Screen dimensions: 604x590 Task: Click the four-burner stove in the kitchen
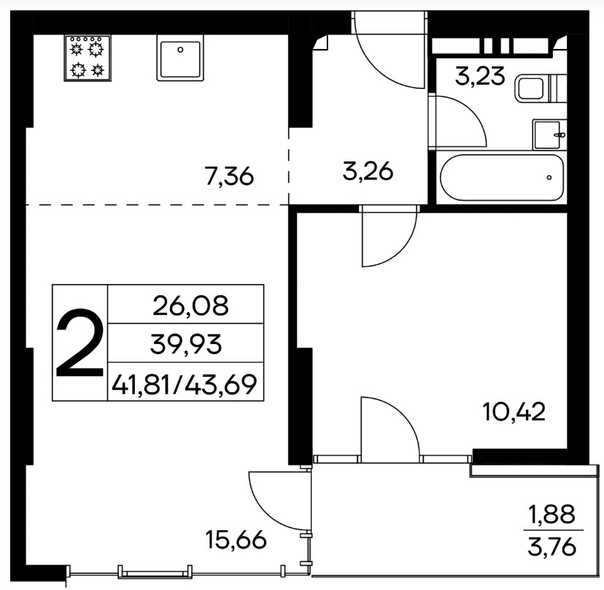coord(88,58)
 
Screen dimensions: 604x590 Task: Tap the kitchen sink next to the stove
coord(180,58)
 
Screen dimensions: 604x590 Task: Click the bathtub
coord(502,177)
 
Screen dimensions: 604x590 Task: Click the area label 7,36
coord(230,177)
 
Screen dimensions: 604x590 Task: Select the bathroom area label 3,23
coord(479,76)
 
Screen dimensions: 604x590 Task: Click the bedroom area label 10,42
coord(514,412)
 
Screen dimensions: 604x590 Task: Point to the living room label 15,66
coord(236,540)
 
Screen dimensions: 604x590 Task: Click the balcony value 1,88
coord(552,514)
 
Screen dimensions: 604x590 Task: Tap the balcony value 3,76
coord(552,547)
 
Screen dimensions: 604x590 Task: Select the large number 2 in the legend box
coord(80,342)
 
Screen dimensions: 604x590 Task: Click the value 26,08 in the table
coord(190,306)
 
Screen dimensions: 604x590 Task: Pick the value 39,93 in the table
coord(186,345)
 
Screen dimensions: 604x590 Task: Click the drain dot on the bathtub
coord(549,177)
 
